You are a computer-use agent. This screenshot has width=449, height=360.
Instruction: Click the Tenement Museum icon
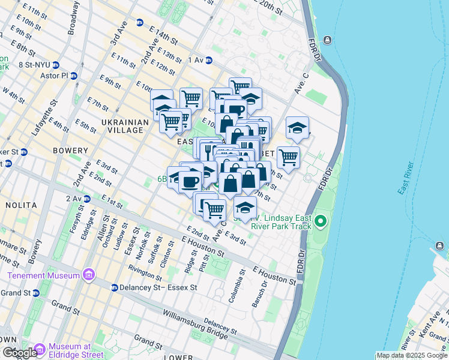pyautogui.click(x=89, y=275)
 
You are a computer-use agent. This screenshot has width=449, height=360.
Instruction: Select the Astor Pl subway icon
pyautogui.click(x=74, y=76)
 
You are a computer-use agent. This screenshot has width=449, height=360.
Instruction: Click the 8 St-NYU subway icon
pyautogui.click(x=55, y=65)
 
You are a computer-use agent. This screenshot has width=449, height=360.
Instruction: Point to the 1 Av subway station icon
pyautogui.click(x=209, y=60)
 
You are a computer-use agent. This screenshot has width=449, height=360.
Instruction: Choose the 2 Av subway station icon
pyautogui.click(x=86, y=198)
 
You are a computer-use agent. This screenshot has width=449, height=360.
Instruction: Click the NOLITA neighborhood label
pyautogui.click(x=22, y=205)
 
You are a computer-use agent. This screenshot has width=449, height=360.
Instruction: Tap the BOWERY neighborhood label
pyautogui.click(x=71, y=151)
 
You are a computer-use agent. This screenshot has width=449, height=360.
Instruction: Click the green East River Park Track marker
pyautogui.click(x=321, y=222)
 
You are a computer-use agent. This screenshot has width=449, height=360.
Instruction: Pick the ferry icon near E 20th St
pyautogui.click(x=327, y=40)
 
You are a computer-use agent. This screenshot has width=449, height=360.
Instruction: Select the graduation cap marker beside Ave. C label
pyautogui.click(x=297, y=127)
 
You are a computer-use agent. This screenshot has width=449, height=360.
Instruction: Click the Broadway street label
pyautogui.click(x=74, y=19)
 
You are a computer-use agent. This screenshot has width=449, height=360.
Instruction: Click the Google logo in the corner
pyautogui.click(x=19, y=353)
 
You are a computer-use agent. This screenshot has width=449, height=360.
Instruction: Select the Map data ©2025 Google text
pyautogui.click(x=412, y=355)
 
